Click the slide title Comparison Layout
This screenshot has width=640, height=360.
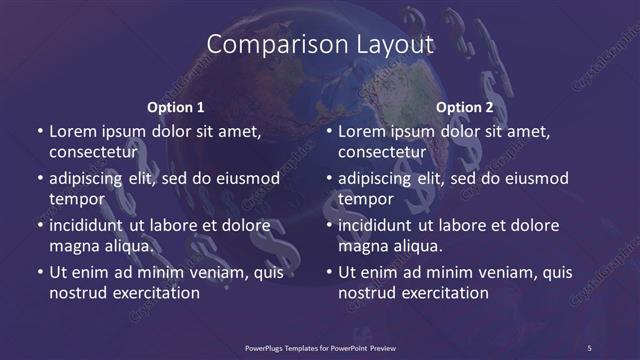[320, 45]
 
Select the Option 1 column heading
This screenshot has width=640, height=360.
[176, 107]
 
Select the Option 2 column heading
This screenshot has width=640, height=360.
[465, 107]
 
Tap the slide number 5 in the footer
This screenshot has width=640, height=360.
[589, 347]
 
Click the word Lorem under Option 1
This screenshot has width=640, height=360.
[72, 131]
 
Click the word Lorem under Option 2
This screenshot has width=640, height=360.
[362, 131]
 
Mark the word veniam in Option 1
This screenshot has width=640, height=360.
[205, 272]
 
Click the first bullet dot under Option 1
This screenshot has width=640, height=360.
[38, 132]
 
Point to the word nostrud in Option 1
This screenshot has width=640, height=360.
[77, 293]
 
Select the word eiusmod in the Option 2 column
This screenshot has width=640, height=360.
[535, 179]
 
